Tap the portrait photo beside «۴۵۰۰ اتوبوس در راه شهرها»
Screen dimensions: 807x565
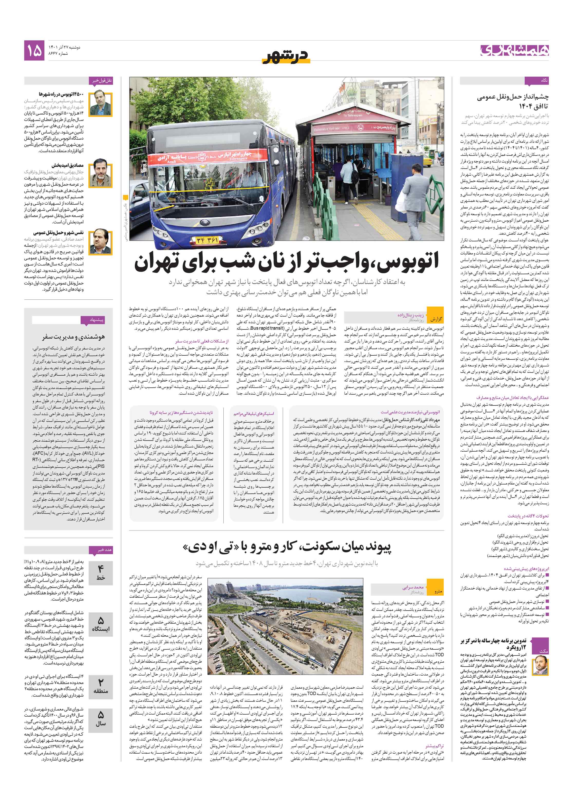pyautogui.click(x=100, y=104)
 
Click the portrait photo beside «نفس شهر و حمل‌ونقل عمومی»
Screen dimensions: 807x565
pyautogui.click(x=100, y=241)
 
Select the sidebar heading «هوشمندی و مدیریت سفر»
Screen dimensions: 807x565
pyautogui.click(x=73, y=337)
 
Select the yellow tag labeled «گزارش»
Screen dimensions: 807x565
pyautogui.click(x=436, y=319)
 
